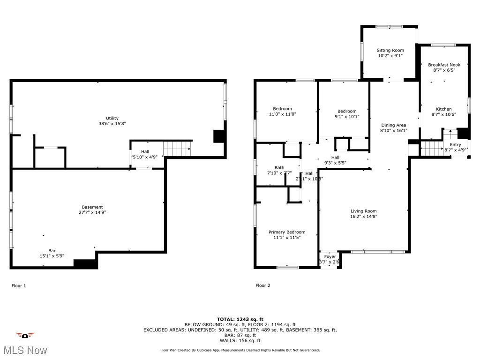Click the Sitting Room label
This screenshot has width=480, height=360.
[390, 50]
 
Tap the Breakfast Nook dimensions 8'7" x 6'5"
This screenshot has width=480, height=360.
[444, 70]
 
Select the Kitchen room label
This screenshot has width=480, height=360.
[443, 109]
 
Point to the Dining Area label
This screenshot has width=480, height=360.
[393, 125]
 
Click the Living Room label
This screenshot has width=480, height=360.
[363, 211]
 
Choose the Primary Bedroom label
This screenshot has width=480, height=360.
[286, 232]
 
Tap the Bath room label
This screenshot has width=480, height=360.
[279, 167]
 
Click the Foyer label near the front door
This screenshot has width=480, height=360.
[330, 256]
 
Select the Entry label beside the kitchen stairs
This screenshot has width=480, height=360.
[455, 145]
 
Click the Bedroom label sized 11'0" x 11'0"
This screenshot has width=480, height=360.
[283, 109]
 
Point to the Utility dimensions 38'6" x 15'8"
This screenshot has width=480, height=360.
[112, 124]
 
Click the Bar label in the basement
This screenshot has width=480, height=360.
[52, 250]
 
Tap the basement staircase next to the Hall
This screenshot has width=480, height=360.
[177, 149]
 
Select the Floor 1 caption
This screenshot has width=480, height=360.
[19, 285]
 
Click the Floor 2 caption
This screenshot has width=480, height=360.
[262, 285]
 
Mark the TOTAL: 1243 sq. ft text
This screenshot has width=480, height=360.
[240, 319]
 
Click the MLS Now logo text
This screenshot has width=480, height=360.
[24, 350]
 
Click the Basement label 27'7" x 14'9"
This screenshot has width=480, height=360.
[92, 207]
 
